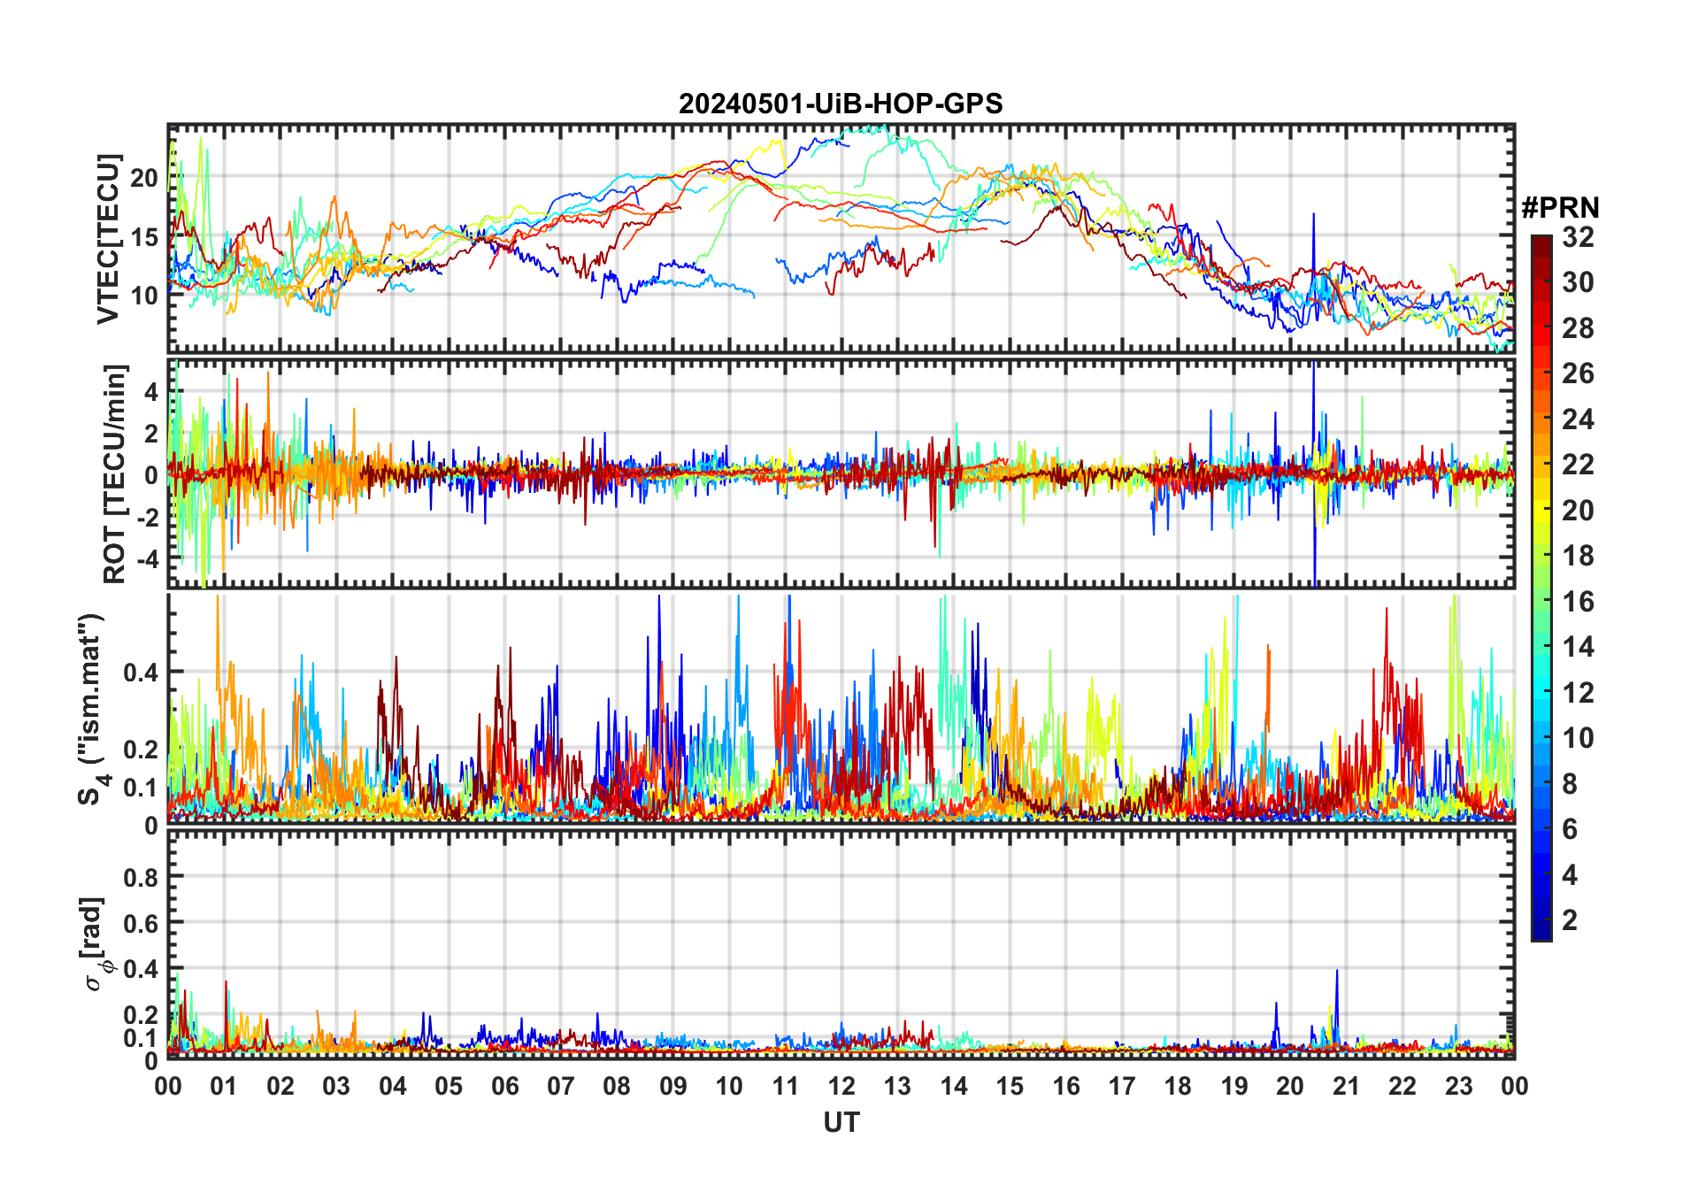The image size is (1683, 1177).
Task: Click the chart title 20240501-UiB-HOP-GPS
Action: tap(841, 104)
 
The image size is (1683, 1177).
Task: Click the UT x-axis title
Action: tap(841, 1122)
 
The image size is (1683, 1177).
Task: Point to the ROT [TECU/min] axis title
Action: tap(115, 473)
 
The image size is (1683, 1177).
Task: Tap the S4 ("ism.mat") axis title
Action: tap(92, 709)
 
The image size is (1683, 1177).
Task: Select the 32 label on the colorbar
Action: tap(1578, 237)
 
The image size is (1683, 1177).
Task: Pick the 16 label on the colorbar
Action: tap(1578, 602)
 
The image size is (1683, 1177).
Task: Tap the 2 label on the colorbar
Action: tap(1570, 920)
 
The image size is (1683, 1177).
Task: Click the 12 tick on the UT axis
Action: tap(841, 1086)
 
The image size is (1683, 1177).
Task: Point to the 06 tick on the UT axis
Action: tap(504, 1086)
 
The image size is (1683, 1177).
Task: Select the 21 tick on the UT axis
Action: tap(1346, 1086)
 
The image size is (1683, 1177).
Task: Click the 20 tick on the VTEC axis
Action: tap(144, 178)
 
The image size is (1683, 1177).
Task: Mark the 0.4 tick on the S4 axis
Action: tap(141, 673)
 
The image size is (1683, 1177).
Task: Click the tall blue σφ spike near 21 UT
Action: tap(1336, 973)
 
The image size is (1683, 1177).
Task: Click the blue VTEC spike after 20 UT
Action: tap(1313, 217)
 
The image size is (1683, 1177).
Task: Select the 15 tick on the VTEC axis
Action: tap(144, 237)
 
